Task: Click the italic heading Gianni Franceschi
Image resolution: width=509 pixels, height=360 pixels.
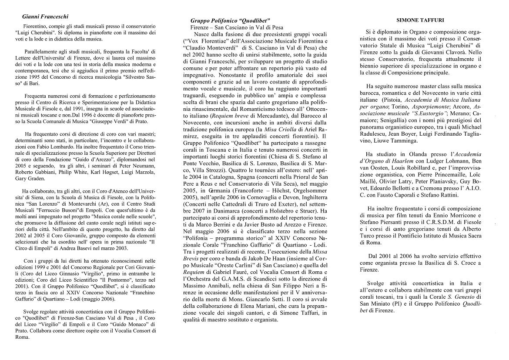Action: pos(45,17)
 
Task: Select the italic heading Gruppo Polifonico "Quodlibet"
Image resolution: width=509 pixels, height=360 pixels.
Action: pos(230,20)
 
